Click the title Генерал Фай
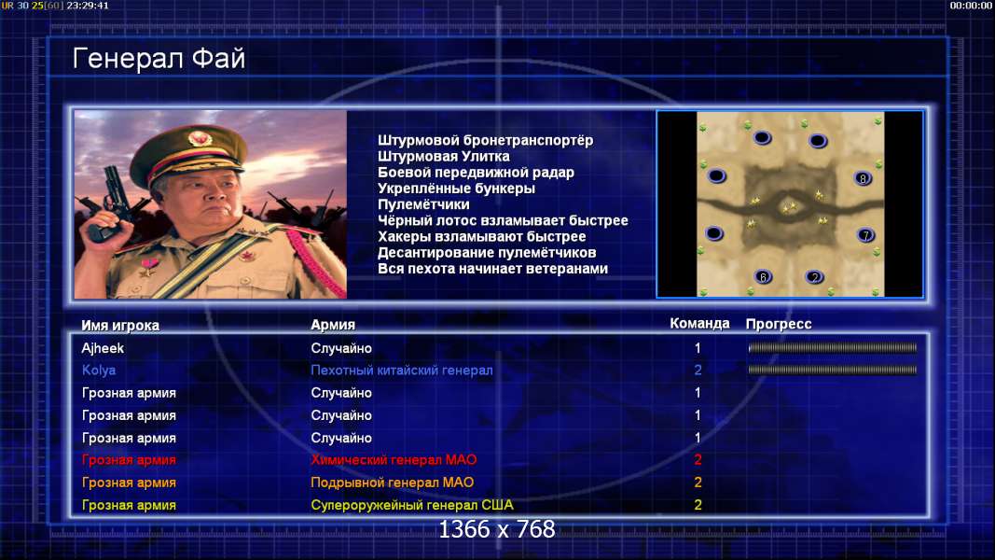click(159, 59)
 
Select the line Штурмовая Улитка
click(444, 156)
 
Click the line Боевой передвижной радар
click(476, 173)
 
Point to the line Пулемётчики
click(424, 204)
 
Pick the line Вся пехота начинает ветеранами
click(493, 269)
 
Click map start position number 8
click(863, 178)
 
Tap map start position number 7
click(865, 235)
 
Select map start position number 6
click(764, 276)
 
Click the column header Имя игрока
click(120, 325)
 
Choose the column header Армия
click(333, 325)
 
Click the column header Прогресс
click(779, 324)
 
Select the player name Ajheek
click(103, 348)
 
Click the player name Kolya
click(99, 371)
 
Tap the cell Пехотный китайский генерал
click(402, 371)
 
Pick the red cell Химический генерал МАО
click(394, 460)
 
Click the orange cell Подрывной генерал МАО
click(393, 483)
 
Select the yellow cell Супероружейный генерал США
click(412, 505)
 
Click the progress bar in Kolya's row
click(833, 370)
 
